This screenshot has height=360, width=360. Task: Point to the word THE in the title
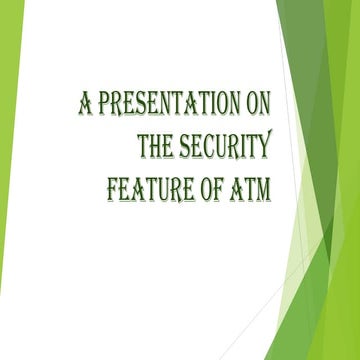coord(159,146)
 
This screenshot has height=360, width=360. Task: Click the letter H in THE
coord(159,146)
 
